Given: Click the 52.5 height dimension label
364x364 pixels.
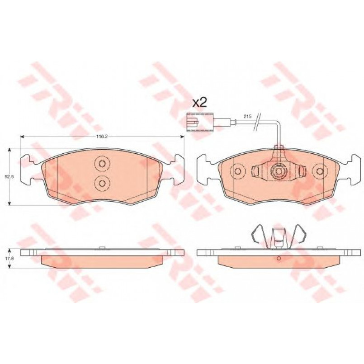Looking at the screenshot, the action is coord(9,177).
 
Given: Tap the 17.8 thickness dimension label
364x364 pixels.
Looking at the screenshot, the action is coord(9,257).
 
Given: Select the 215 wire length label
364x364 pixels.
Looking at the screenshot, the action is coord(247,117).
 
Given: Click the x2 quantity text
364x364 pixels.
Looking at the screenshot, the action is coord(199,103).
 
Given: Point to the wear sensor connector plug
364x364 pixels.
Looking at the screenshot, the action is coord(200,122).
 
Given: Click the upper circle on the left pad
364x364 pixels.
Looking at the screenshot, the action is coord(102,163).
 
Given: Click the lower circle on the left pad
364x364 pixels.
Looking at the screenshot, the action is coord(102,183).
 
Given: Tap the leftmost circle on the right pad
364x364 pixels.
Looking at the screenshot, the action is coord(237,171).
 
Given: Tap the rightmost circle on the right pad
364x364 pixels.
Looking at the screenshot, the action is coord(320,171).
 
